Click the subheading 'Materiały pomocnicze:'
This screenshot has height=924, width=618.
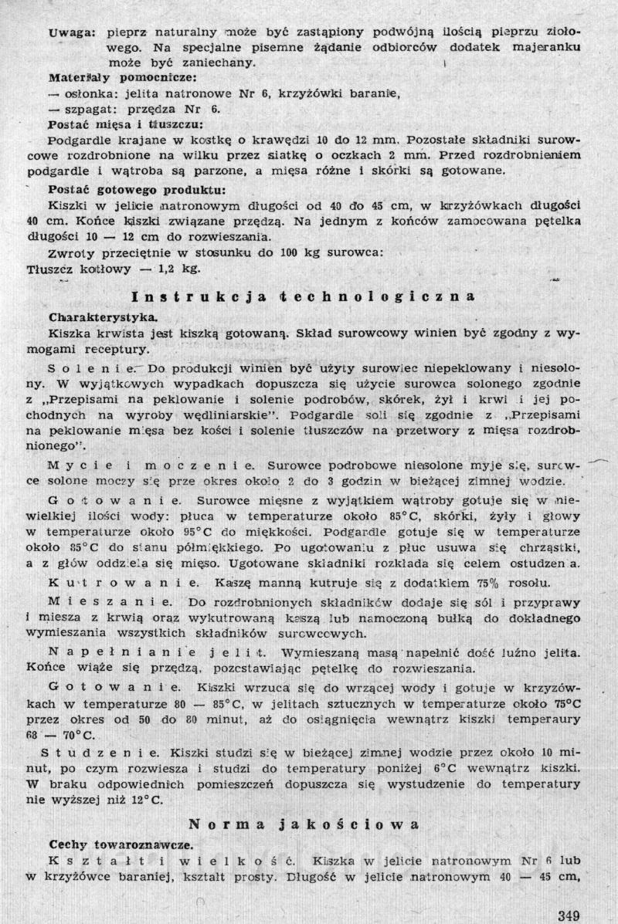coord(110,78)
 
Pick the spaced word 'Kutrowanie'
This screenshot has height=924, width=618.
coord(110,578)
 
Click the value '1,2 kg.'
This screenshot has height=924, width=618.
coord(178,269)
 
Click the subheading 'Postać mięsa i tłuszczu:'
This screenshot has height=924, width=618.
coord(126,124)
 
